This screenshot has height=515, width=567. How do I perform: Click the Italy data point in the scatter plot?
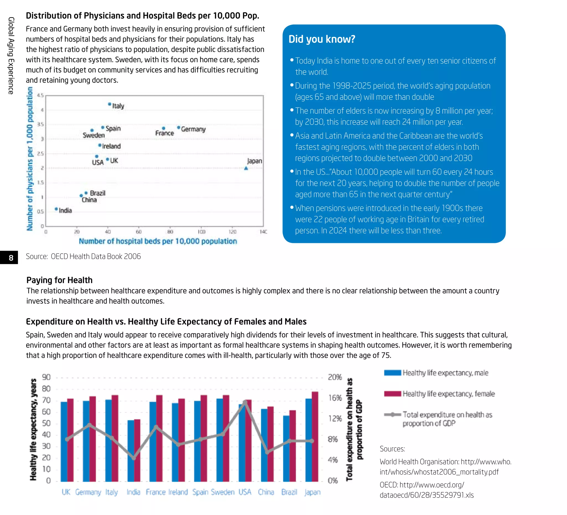click(x=109, y=104)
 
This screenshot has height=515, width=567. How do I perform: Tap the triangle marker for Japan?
click(x=246, y=168)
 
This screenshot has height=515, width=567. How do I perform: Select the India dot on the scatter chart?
click(x=56, y=209)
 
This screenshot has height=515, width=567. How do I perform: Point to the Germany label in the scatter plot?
click(x=193, y=129)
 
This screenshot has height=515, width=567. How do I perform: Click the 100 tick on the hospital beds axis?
click(x=201, y=232)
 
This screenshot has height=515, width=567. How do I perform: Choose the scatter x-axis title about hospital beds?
click(x=158, y=241)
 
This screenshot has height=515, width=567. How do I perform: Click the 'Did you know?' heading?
click(x=322, y=39)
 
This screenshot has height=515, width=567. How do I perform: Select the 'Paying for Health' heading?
click(x=59, y=280)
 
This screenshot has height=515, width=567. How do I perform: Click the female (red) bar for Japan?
click(x=315, y=437)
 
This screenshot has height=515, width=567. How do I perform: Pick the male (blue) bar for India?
click(x=131, y=451)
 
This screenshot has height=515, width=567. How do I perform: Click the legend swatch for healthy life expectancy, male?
click(x=392, y=373)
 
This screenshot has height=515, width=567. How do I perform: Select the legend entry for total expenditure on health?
click(x=447, y=419)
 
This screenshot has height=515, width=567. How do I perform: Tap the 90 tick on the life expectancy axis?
click(x=46, y=377)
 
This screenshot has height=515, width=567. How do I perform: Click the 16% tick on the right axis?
click(x=335, y=398)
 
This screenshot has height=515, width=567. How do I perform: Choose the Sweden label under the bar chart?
click(x=223, y=492)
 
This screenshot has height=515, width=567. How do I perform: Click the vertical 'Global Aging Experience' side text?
click(x=11, y=55)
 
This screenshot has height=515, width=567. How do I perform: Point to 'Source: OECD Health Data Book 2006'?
click(x=83, y=256)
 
